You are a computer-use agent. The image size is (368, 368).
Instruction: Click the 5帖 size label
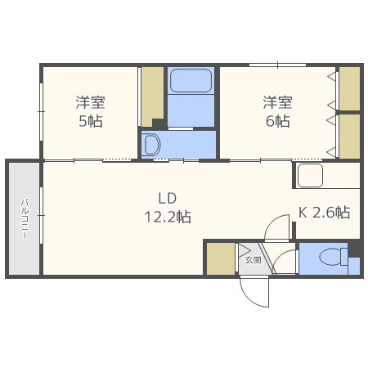[90, 121]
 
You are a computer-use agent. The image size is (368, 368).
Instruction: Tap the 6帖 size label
[277, 121]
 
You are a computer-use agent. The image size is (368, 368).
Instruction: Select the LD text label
[167, 198]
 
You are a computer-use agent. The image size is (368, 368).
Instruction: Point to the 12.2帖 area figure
[167, 218]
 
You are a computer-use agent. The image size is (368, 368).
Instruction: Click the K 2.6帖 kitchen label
[324, 213]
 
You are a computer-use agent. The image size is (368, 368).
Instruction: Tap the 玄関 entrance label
[253, 260]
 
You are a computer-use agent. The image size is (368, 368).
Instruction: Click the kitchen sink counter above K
[310, 175]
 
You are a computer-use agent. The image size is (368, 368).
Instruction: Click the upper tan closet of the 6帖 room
[349, 88]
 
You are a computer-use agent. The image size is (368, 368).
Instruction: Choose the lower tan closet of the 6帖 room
[349, 136]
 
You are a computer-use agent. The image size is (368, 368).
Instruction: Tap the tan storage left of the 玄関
[220, 259]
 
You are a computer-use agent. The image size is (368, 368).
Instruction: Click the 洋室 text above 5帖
[90, 103]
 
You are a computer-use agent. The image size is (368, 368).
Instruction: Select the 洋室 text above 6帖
[277, 103]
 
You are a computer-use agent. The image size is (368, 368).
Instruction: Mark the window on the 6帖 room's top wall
[277, 65]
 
